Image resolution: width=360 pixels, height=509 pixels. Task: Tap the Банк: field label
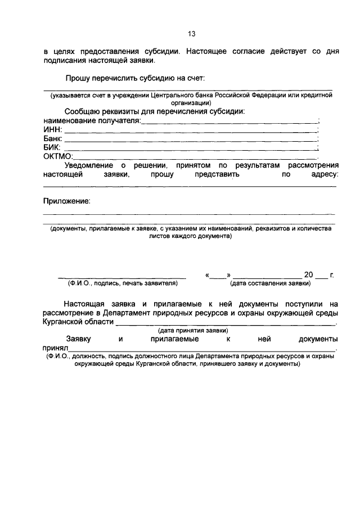(53, 138)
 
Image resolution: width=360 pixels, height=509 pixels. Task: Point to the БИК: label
(52, 147)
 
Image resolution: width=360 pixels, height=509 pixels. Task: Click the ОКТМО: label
(58, 156)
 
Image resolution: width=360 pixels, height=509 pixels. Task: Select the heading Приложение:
(66, 201)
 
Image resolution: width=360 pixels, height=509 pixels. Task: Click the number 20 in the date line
(308, 275)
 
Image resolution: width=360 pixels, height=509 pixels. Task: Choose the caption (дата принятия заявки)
(193, 330)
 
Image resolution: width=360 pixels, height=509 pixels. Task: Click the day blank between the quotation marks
(218, 276)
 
